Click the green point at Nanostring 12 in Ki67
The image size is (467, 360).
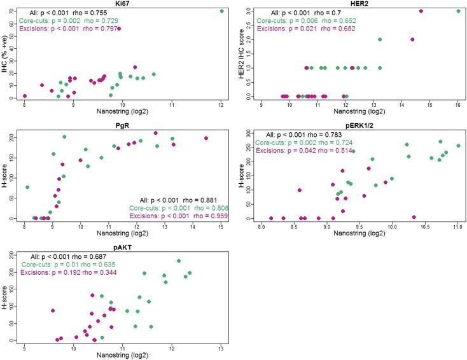click(x=221, y=11)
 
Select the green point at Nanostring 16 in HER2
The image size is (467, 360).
click(x=459, y=11)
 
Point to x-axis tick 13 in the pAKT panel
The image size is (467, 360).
click(x=220, y=349)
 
